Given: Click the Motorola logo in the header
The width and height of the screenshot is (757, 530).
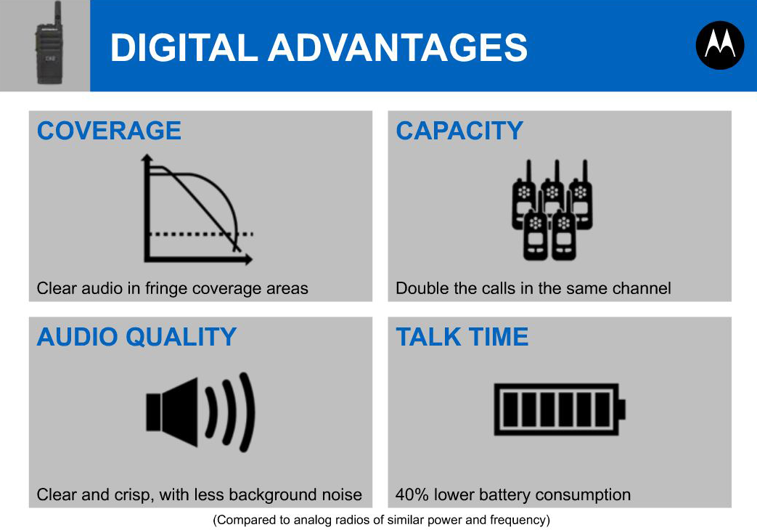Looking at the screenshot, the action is [x=719, y=45].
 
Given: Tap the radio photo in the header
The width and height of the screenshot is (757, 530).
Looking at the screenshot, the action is [x=49, y=44].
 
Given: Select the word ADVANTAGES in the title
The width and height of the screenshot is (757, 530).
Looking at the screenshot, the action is [x=397, y=47].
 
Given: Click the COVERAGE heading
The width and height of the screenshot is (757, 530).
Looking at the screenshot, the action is [x=109, y=131].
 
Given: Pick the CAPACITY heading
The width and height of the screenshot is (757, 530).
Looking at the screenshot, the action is [x=459, y=131].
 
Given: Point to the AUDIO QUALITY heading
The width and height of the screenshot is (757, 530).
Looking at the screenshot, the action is [x=136, y=337].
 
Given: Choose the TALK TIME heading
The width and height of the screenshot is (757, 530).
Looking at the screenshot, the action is [x=462, y=337].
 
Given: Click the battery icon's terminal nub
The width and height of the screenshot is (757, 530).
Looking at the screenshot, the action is [x=622, y=409].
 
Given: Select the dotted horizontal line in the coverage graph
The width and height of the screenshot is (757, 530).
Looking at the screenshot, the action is [x=201, y=235].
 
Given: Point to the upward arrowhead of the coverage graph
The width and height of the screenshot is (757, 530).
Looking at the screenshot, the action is [x=147, y=158].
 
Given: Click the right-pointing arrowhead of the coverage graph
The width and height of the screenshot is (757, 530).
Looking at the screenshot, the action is [x=248, y=259].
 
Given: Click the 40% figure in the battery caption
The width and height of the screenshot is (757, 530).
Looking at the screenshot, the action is [x=412, y=494].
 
